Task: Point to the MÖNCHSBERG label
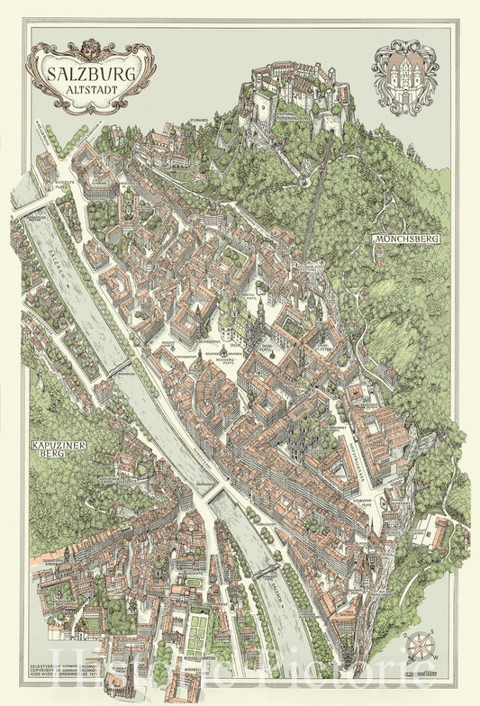tap(403, 240)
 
